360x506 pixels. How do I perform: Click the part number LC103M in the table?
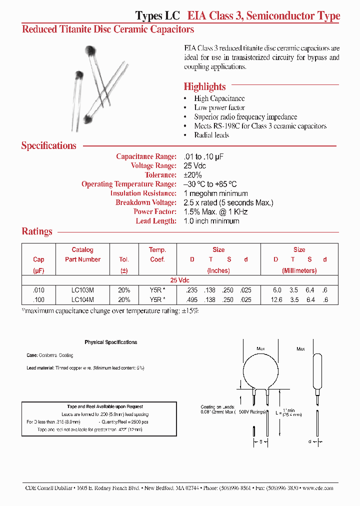coord(82,290)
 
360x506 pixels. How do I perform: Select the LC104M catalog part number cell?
coord(82,299)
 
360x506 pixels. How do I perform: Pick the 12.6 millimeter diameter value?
coord(276,299)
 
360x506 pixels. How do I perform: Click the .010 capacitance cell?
coord(38,290)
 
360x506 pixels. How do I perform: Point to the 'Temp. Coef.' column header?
coord(157,254)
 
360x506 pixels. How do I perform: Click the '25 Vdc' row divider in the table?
coord(180,280)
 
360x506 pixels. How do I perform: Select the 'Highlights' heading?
coord(204,86)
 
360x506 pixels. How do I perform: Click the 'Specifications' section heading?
coord(48,145)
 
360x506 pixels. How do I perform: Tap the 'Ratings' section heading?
coord(37,231)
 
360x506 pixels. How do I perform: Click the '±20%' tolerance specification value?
coord(193,175)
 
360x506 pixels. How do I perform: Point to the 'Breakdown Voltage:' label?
coord(145,202)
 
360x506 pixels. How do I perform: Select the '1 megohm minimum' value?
coord(215,193)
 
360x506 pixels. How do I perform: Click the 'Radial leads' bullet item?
coord(211,135)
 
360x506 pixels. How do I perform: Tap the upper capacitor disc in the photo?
coord(90,50)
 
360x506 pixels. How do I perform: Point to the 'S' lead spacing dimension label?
coord(260,441)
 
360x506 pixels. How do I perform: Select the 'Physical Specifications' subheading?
coord(111,342)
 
